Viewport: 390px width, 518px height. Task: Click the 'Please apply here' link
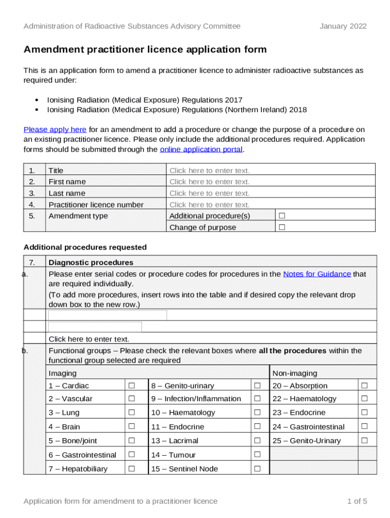(55, 129)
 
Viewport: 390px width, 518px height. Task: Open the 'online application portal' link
(201, 149)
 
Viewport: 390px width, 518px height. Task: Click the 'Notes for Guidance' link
(317, 274)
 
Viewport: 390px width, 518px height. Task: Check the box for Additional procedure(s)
(282, 216)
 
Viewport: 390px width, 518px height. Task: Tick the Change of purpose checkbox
(282, 228)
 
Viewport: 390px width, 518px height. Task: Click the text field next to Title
(209, 170)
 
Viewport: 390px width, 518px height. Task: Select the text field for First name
(209, 182)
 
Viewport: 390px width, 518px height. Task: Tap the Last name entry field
(209, 193)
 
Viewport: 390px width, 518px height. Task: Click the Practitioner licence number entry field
(209, 205)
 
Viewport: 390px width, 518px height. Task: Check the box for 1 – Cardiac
(132, 386)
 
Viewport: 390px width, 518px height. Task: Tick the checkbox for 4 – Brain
(132, 427)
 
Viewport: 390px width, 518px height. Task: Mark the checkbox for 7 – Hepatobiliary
(132, 469)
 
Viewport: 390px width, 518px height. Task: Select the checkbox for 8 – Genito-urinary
(257, 386)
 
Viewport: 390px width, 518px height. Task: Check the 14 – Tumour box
(257, 455)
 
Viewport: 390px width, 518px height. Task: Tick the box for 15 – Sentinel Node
(257, 469)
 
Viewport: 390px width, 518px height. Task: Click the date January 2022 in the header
(343, 26)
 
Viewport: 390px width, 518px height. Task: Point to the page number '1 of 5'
(357, 501)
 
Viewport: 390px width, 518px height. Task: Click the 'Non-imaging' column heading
(295, 373)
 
